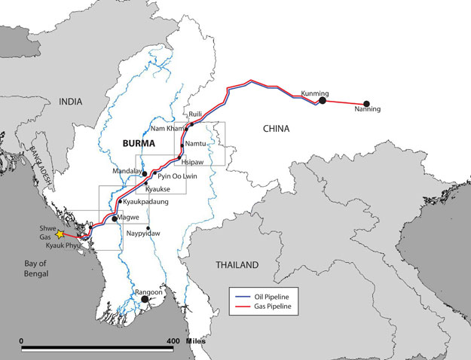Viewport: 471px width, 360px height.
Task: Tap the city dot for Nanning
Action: pos(367,103)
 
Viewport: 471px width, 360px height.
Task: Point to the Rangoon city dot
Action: pos(145,299)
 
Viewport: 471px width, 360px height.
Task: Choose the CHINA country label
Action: pos(276,129)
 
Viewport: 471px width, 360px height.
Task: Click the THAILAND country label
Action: pos(236,264)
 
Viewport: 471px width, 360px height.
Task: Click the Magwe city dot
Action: pos(115,218)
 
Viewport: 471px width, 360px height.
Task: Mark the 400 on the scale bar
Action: pos(173,341)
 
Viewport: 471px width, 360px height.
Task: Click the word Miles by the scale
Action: pos(194,341)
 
